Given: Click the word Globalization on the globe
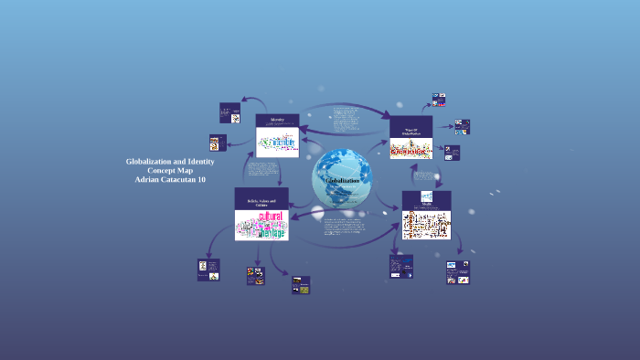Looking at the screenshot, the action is [342, 181].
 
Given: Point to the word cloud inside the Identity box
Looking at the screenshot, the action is [278, 144].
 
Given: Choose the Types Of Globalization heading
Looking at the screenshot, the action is [411, 132].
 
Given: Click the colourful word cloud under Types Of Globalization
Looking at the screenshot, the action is [411, 150].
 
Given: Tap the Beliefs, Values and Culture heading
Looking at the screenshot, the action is [261, 202].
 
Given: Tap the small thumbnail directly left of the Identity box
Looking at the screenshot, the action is [230, 111].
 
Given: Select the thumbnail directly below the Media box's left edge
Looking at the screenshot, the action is [401, 265].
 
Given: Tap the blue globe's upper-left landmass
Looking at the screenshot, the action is [328, 164].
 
